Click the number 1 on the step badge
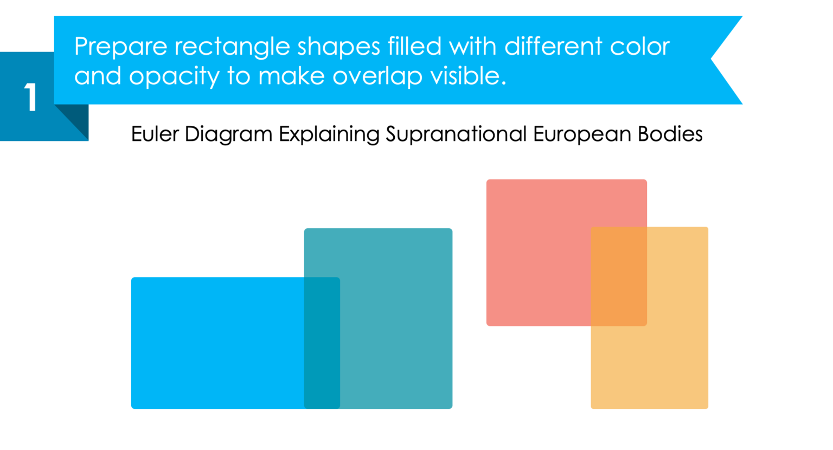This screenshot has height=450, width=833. (x=30, y=98)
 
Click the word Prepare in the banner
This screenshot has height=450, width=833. (x=120, y=47)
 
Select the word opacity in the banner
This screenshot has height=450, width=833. (x=174, y=77)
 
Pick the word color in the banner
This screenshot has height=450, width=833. (x=640, y=47)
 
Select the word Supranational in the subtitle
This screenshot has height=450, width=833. (x=456, y=134)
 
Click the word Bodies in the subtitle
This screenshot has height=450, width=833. (x=670, y=134)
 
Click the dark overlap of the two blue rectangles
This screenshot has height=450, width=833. (x=322, y=343)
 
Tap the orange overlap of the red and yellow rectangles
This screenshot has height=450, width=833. (x=619, y=276)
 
